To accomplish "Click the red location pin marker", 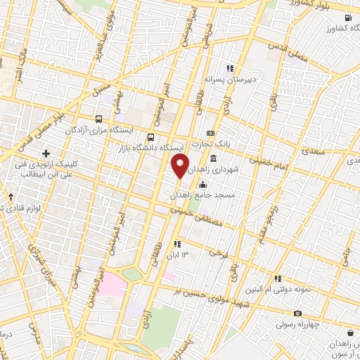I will (x=180, y=167).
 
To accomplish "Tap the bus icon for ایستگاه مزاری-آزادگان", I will (x=98, y=119).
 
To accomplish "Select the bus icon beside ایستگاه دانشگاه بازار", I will (x=150, y=137).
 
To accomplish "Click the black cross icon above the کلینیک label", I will (x=46, y=153).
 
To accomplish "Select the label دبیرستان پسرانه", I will (x=229, y=79).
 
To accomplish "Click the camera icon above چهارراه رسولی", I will (x=297, y=313).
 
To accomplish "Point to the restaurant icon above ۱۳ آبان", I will (x=177, y=244).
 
